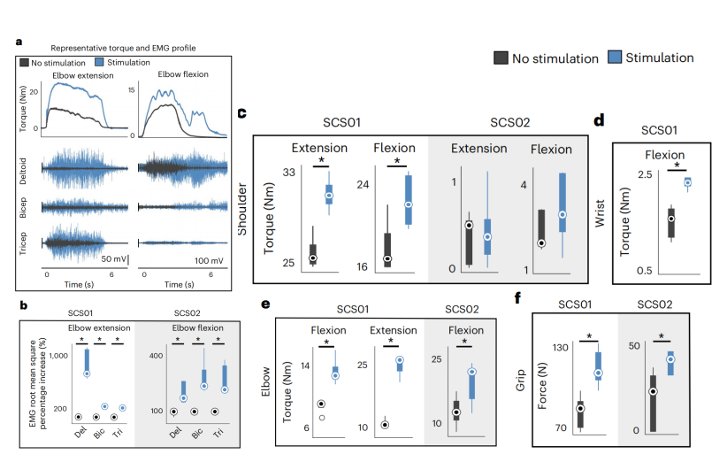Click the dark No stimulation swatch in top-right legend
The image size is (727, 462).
[x=501, y=58]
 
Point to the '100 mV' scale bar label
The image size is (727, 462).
[x=208, y=261]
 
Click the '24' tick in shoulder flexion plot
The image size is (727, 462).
[x=363, y=185]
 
